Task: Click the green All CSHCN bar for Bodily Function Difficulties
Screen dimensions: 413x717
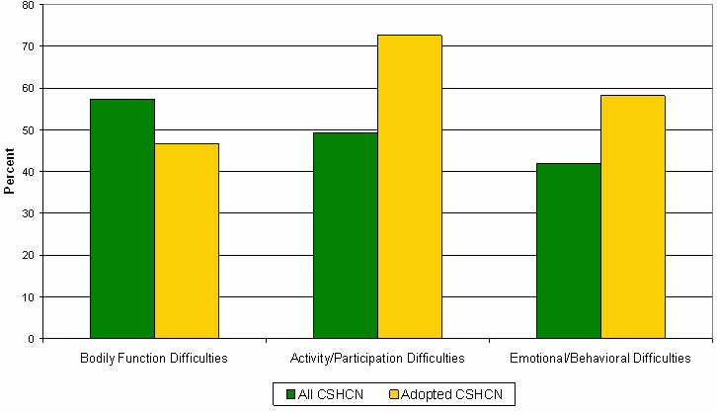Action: pyautogui.click(x=121, y=218)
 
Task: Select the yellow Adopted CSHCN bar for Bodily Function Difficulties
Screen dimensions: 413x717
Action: pyautogui.click(x=186, y=241)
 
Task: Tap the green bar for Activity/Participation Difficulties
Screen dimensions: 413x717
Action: pyautogui.click(x=345, y=235)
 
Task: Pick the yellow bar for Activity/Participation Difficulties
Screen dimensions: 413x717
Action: pyautogui.click(x=409, y=187)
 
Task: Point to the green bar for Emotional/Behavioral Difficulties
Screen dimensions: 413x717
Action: pyautogui.click(x=568, y=251)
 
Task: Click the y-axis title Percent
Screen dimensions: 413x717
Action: pyautogui.click(x=9, y=172)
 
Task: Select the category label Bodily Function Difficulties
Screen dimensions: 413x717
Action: pyautogui.click(x=154, y=357)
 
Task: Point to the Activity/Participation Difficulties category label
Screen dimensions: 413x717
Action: pyautogui.click(x=377, y=357)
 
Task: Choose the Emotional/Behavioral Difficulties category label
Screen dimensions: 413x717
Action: pyautogui.click(x=600, y=357)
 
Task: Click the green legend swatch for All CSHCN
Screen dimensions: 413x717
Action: pyautogui.click(x=291, y=394)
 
